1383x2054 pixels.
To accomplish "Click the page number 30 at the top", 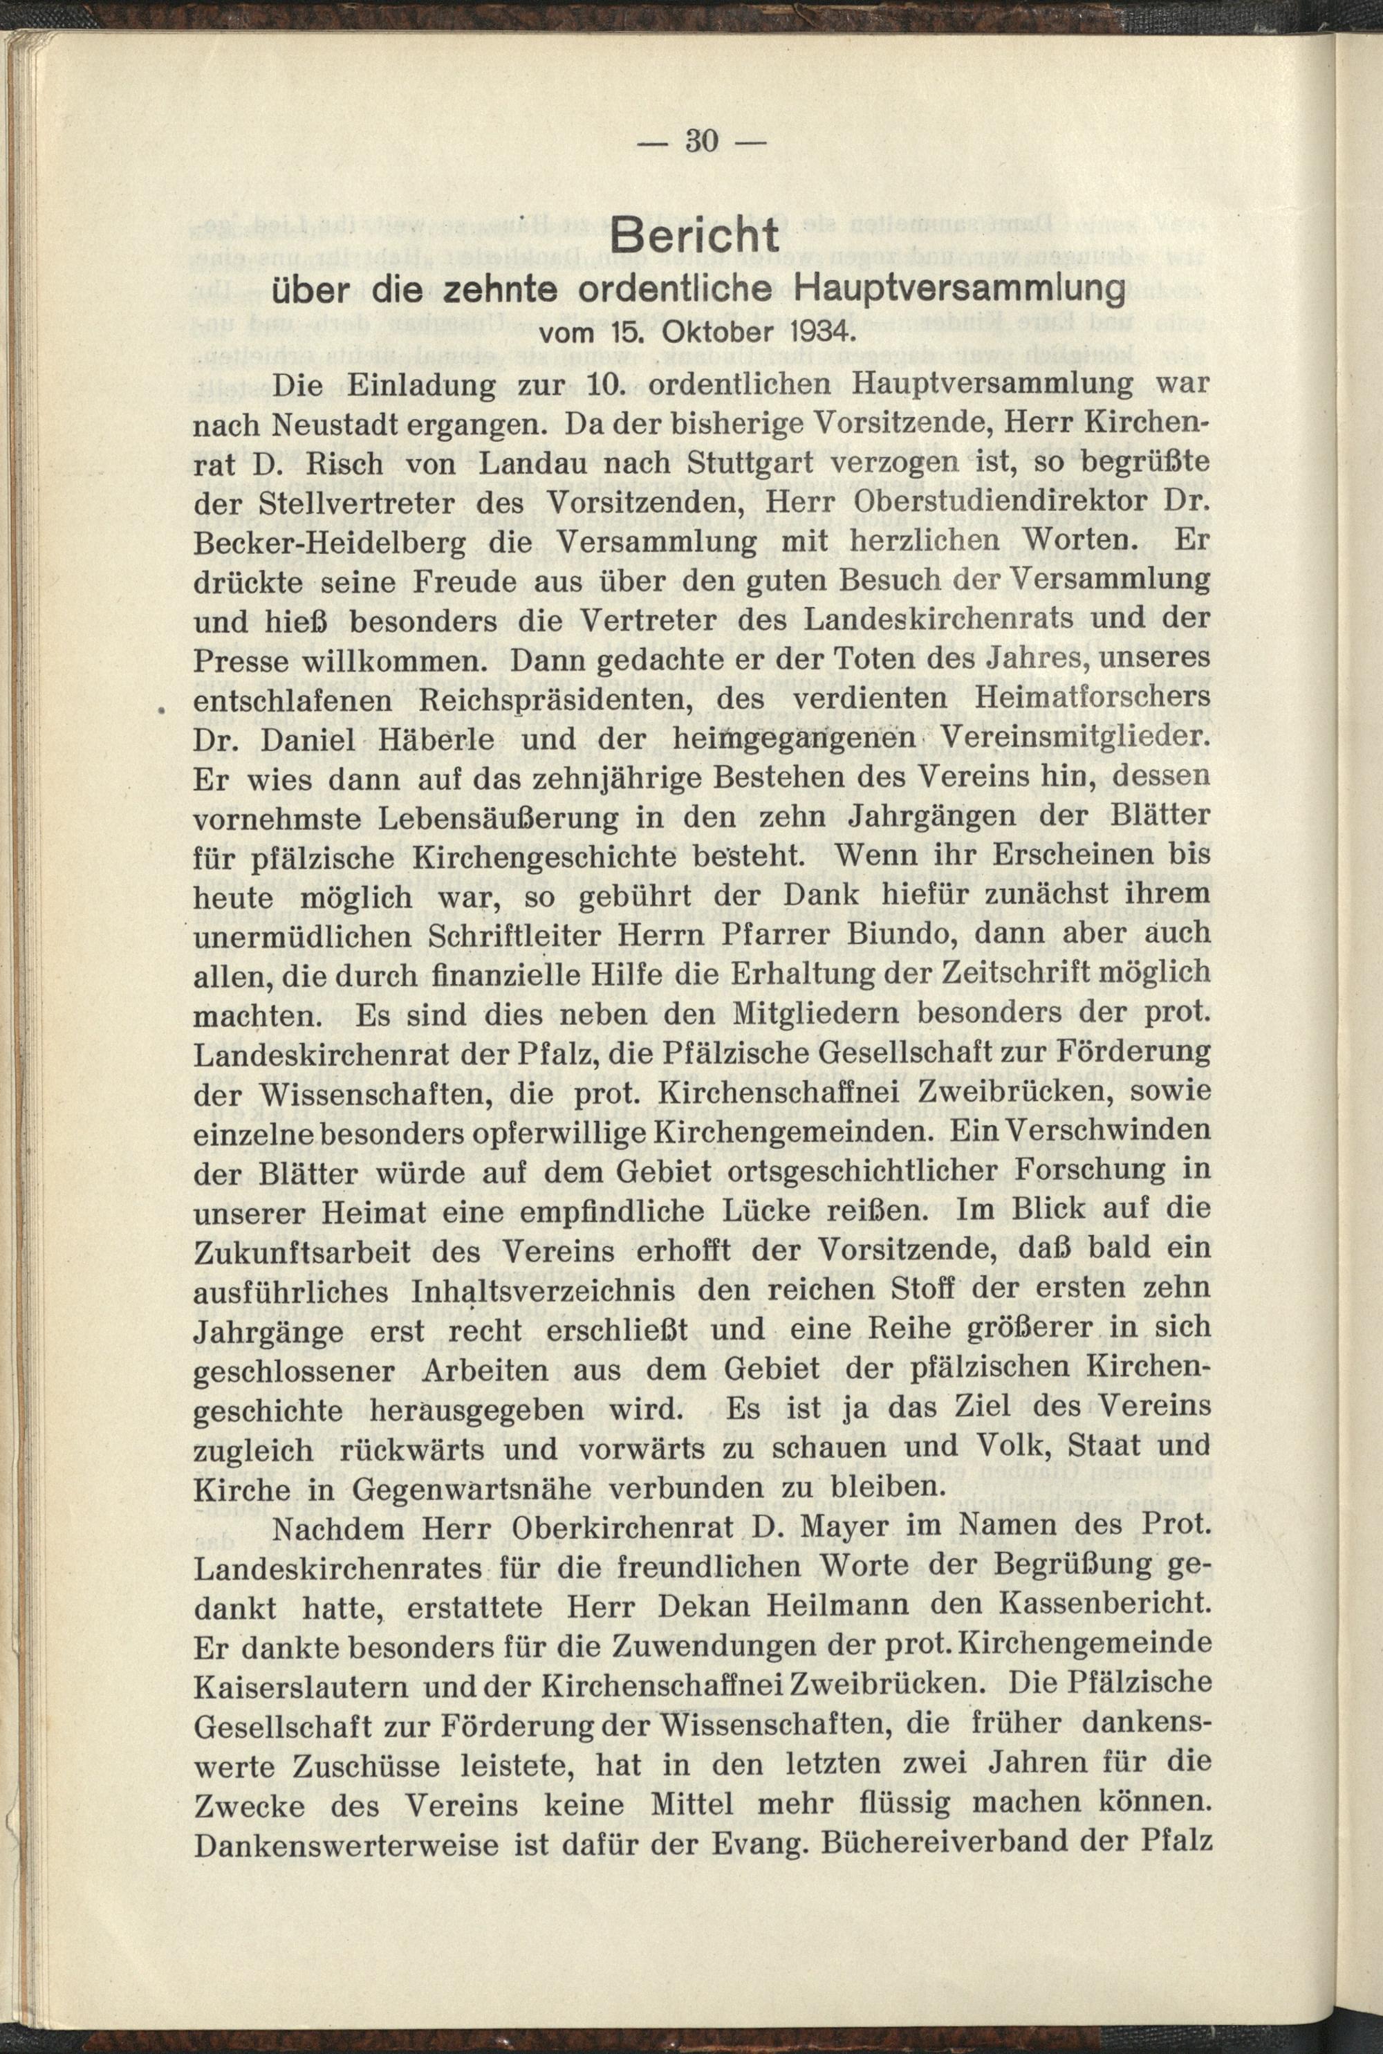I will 703,141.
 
